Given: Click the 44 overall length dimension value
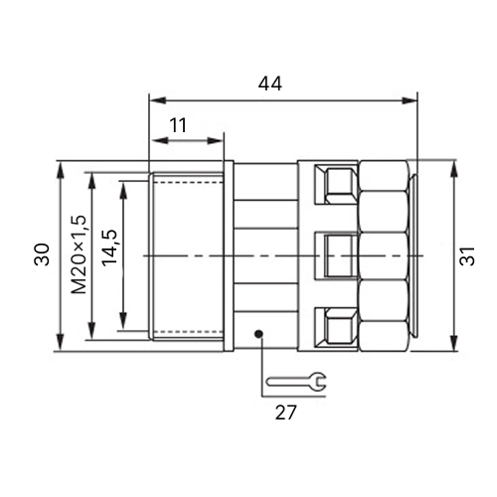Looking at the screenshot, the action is [270, 83].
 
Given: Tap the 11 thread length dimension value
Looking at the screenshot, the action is [178, 125].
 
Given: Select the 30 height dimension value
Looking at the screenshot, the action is [42, 254].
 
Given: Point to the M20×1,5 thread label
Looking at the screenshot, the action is [79, 254].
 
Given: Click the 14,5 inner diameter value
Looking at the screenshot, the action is [110, 248].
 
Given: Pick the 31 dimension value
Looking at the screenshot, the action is [467, 255].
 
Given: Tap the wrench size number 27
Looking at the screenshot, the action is [285, 413].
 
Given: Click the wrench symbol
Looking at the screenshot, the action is [296, 381].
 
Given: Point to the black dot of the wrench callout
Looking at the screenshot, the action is [258, 334].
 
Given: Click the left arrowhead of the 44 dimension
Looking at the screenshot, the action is [158, 100].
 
